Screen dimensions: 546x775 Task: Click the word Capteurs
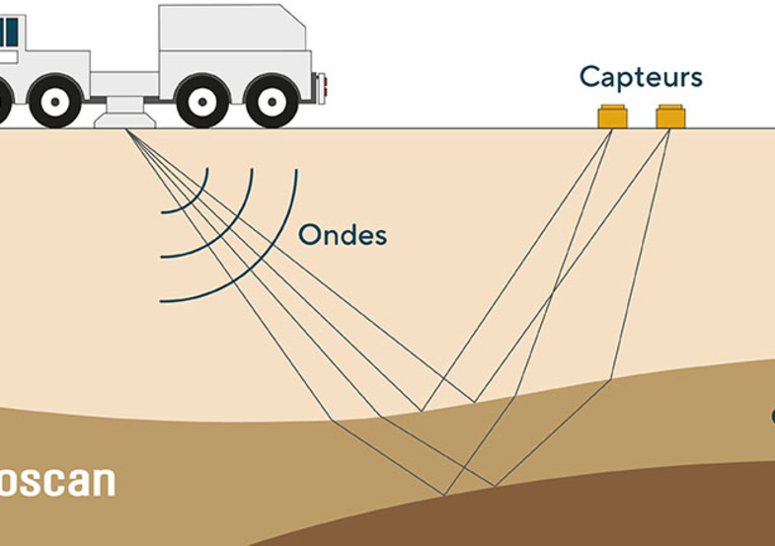pos(641,77)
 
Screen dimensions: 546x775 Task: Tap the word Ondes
pos(343,236)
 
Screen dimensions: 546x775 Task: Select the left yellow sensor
pos(612,117)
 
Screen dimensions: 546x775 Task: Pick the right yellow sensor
pos(670,117)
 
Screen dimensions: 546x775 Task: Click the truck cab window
pos(9,32)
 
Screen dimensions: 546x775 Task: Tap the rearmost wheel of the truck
pos(271,101)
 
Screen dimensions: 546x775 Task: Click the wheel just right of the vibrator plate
pos(202,101)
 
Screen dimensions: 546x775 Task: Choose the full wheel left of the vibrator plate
pos(55,101)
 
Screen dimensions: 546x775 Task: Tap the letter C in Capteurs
pos(590,77)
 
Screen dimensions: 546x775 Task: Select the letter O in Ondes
pos(309,236)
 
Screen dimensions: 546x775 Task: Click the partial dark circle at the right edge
pos(772,417)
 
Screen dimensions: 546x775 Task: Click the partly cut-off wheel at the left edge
pos(4,101)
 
